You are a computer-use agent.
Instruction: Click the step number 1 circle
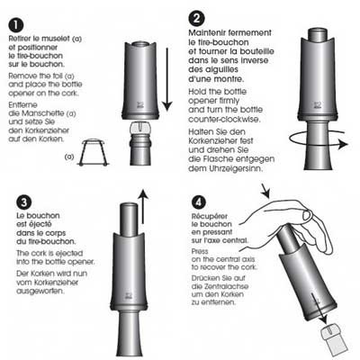click(16, 25)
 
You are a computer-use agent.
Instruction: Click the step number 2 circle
click(196, 19)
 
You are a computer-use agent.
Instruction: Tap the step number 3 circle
click(23, 202)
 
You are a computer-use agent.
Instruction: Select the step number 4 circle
click(199, 202)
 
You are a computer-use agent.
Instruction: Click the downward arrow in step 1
click(167, 79)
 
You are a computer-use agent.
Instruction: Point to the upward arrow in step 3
click(143, 206)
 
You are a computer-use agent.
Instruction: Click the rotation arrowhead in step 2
click(342, 145)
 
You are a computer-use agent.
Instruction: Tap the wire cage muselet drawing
click(94, 153)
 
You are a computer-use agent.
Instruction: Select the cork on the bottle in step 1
click(139, 129)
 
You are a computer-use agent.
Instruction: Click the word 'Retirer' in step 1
click(19, 39)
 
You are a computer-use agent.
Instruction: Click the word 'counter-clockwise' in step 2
click(223, 119)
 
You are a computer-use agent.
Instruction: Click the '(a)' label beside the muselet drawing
click(69, 157)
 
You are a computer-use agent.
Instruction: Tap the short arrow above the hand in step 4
click(265, 191)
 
